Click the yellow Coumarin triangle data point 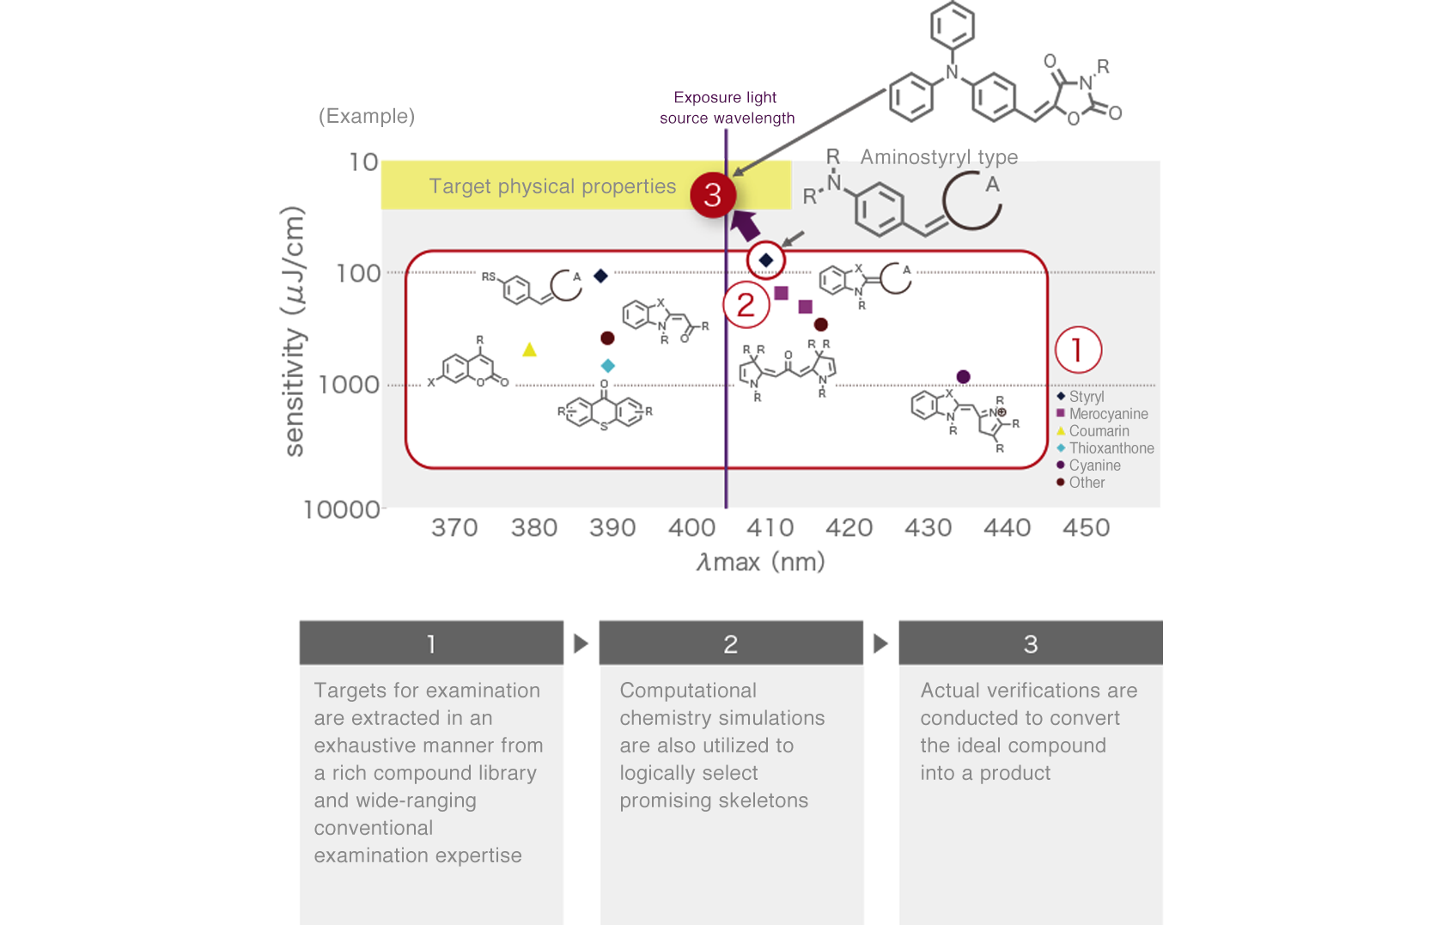tap(529, 350)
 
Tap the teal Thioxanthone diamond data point tap(607, 366)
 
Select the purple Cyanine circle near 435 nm tap(963, 377)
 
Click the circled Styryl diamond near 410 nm tap(766, 259)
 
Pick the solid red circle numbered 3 tap(713, 195)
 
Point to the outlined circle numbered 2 tap(746, 305)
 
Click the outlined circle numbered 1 tap(1078, 350)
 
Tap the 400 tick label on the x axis tap(691, 527)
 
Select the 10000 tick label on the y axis tap(341, 510)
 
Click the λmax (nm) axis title tap(760, 563)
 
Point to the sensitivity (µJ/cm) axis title tap(294, 332)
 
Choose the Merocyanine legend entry tap(1107, 414)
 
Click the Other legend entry tap(1086, 483)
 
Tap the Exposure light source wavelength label tap(727, 108)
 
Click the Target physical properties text tap(552, 186)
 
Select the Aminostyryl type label tap(939, 157)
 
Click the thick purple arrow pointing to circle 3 tap(745, 225)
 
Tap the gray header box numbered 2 tap(731, 643)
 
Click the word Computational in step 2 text tap(688, 691)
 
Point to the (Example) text tap(367, 116)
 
